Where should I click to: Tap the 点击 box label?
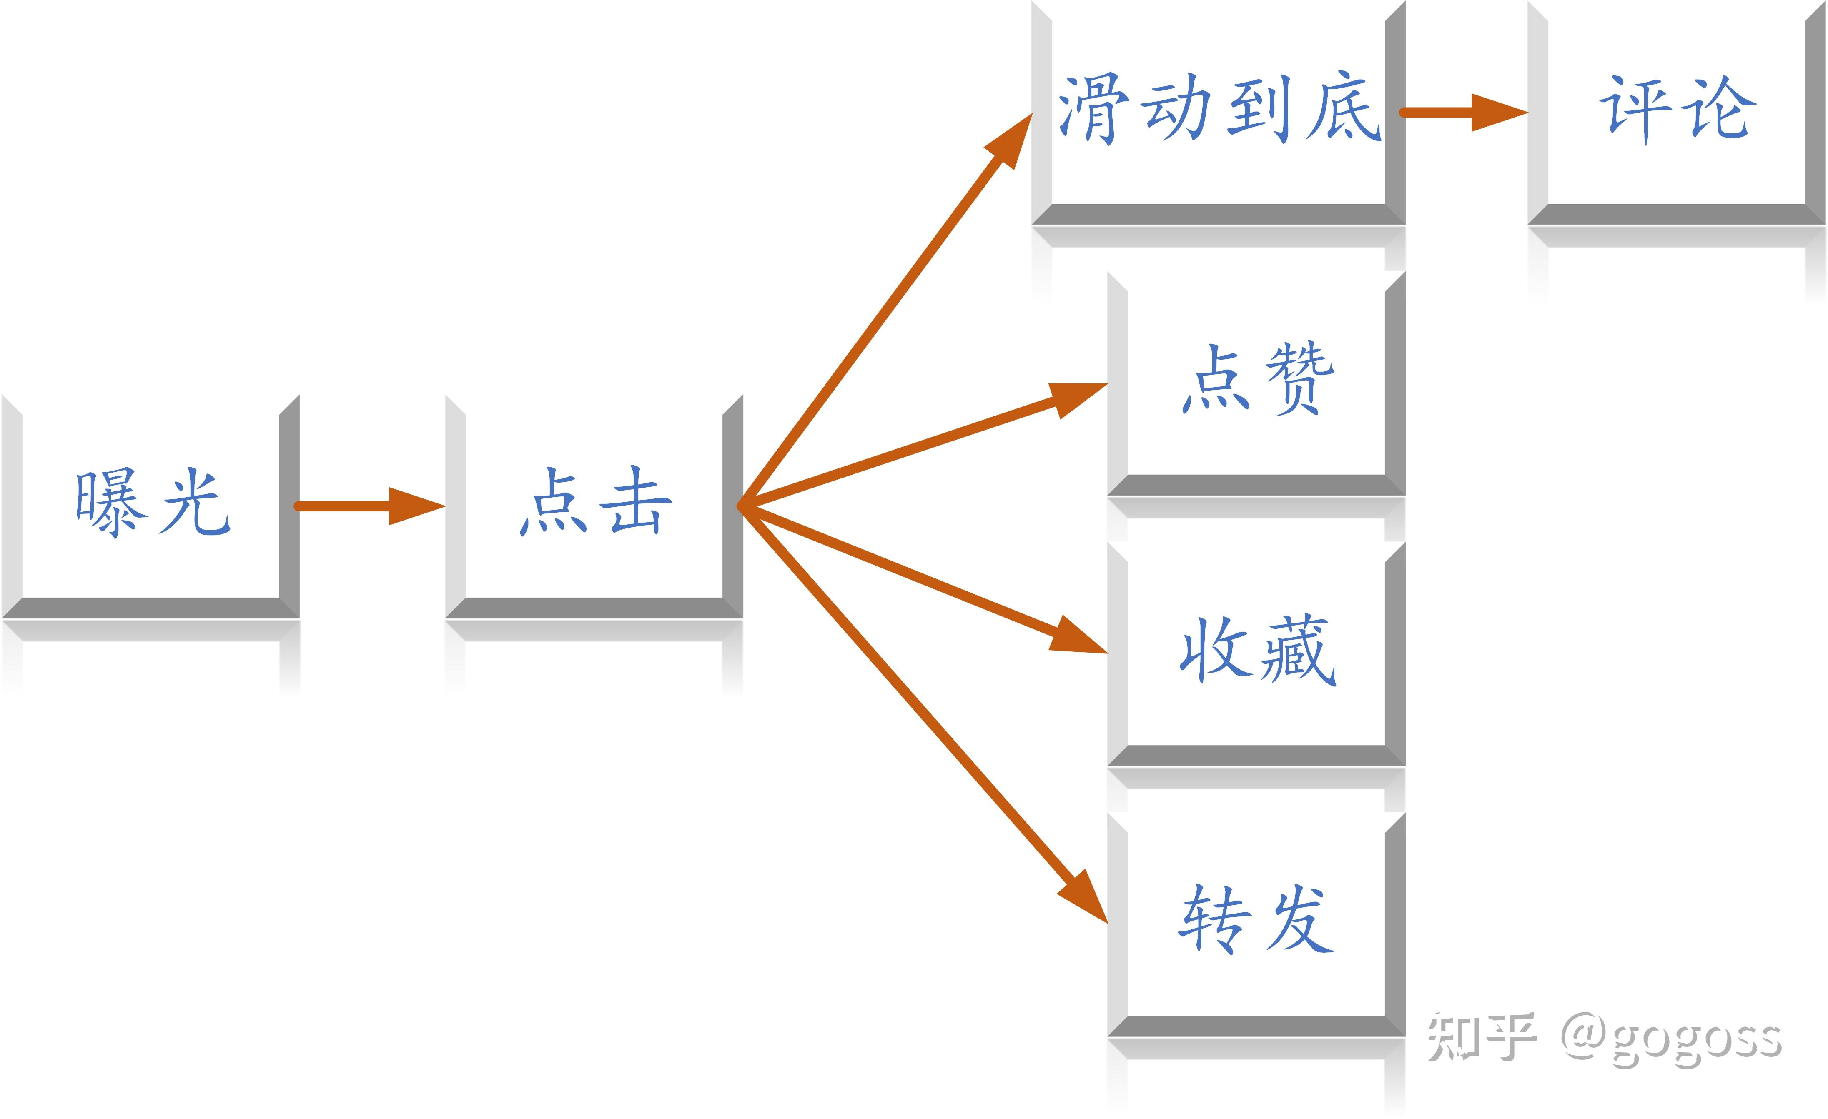click(596, 502)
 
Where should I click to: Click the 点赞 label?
click(1257, 379)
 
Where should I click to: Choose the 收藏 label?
click(1257, 650)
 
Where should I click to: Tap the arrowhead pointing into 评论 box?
click(1499, 113)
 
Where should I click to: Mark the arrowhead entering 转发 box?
click(1082, 896)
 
